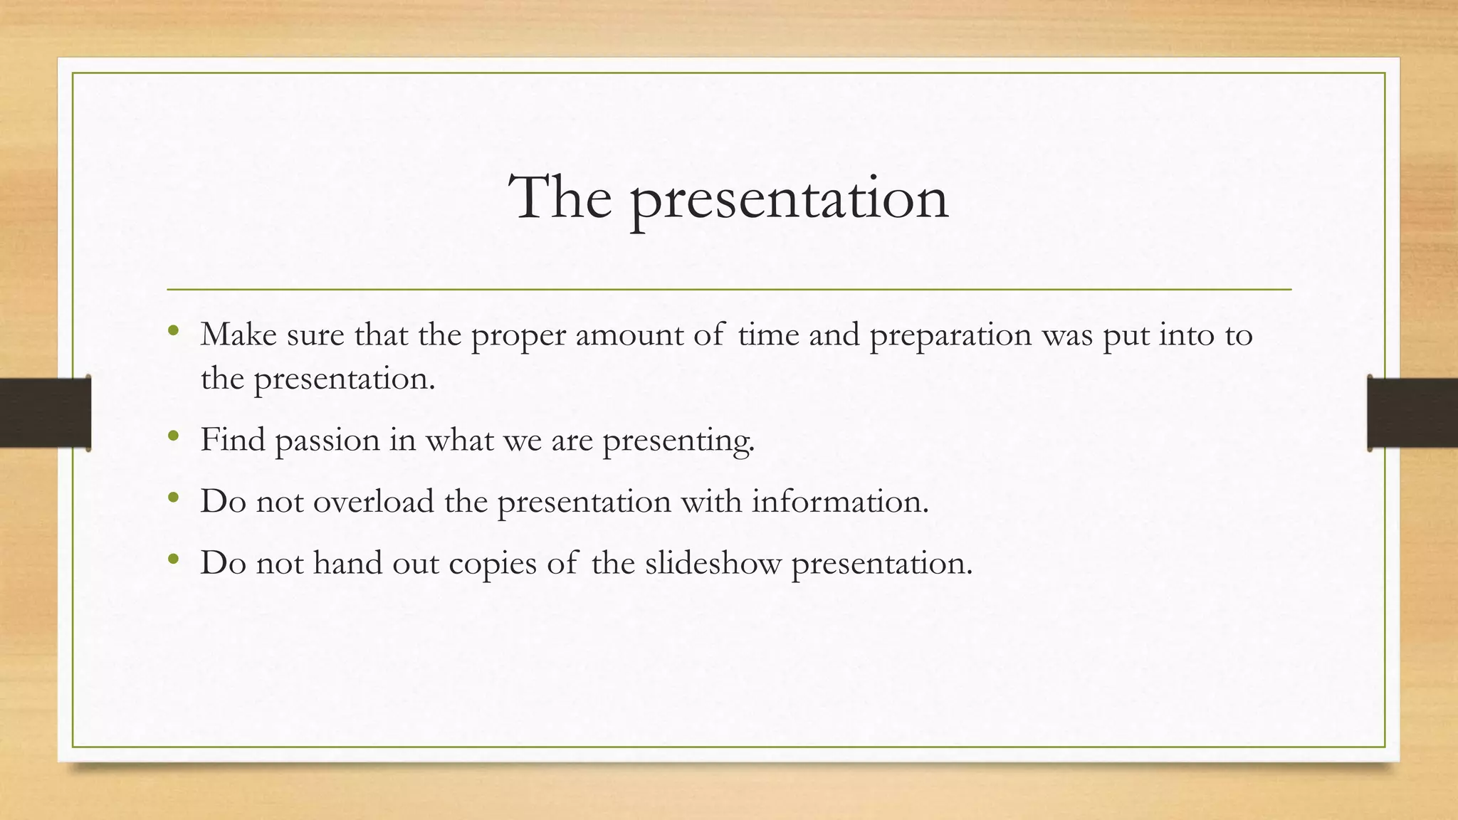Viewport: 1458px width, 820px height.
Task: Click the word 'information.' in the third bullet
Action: coord(840,501)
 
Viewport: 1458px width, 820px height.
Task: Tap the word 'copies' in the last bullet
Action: coord(492,564)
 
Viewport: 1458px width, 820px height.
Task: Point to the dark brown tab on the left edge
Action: coord(45,413)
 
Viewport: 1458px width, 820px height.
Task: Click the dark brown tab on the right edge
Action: coord(1412,413)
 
